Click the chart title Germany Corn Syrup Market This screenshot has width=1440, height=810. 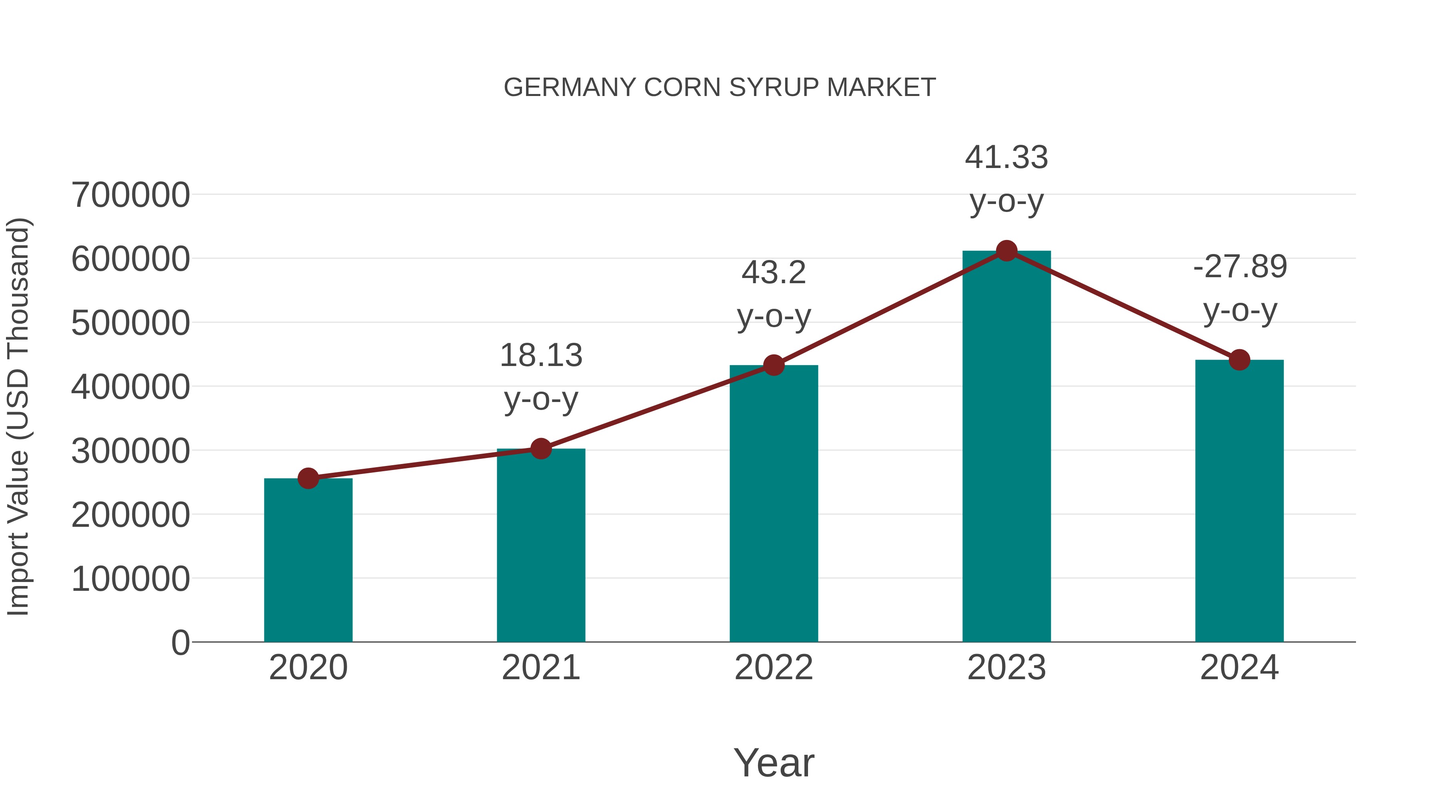click(720, 88)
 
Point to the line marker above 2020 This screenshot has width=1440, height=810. click(308, 478)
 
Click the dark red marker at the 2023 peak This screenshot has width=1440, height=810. click(1006, 251)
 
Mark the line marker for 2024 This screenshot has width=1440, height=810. click(1239, 360)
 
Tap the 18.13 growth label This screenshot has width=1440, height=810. click(540, 356)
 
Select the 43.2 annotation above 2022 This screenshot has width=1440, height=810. click(774, 273)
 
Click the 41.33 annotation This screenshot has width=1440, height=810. click(1006, 158)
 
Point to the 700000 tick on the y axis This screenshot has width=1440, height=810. click(130, 195)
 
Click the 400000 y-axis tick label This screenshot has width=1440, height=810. click(130, 387)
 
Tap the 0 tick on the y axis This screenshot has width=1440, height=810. click(180, 642)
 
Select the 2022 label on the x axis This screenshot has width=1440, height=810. click(774, 668)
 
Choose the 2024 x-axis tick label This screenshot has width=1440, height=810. click(1239, 668)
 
